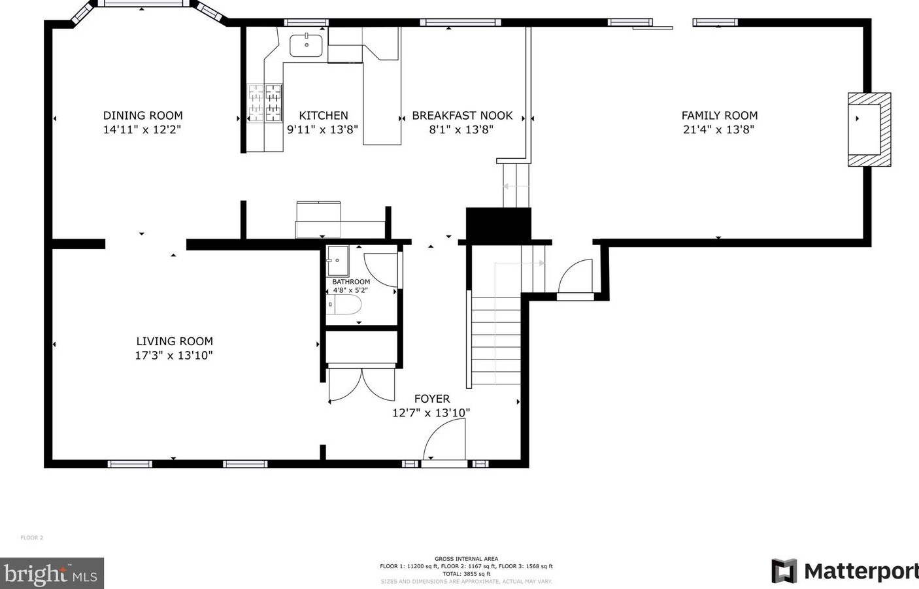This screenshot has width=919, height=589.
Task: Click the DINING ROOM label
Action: click(142, 116)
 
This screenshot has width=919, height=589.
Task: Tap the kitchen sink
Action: click(306, 45)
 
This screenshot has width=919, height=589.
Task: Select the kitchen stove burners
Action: click(265, 103)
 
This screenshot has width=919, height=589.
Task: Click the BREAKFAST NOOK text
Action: click(462, 116)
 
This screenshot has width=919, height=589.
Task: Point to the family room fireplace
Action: click(868, 129)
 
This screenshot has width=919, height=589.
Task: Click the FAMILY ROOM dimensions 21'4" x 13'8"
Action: click(718, 129)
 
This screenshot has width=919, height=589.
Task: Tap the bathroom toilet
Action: click(344, 305)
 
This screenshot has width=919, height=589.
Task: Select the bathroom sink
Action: click(338, 261)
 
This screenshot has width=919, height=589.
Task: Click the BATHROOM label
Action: click(350, 282)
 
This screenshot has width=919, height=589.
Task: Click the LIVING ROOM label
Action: click(175, 341)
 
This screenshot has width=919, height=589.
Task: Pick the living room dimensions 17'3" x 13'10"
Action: click(174, 356)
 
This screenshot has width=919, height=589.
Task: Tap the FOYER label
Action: click(431, 399)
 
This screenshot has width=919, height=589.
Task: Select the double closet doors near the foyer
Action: click(361, 384)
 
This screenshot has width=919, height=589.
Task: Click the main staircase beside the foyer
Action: click(495, 340)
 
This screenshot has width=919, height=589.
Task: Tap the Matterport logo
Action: click(844, 571)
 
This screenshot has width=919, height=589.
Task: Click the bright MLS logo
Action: click(51, 573)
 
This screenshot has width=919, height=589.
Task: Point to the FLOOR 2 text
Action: click(31, 538)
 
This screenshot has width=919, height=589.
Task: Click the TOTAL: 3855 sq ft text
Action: click(466, 573)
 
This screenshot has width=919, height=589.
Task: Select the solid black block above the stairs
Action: click(498, 225)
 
